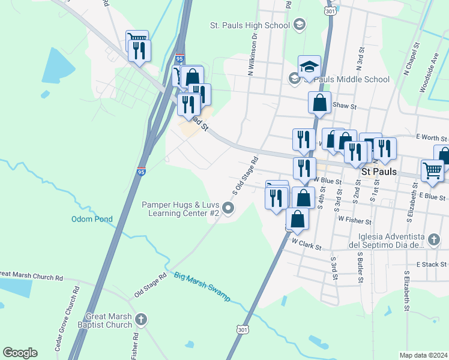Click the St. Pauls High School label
click(250, 26)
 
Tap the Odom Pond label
click(92, 220)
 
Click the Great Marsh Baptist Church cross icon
click(141, 319)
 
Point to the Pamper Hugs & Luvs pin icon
click(228, 208)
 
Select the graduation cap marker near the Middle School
click(309, 67)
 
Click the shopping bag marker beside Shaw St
click(320, 103)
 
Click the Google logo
click(20, 353)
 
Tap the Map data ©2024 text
click(423, 355)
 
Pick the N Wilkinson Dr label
click(252, 53)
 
